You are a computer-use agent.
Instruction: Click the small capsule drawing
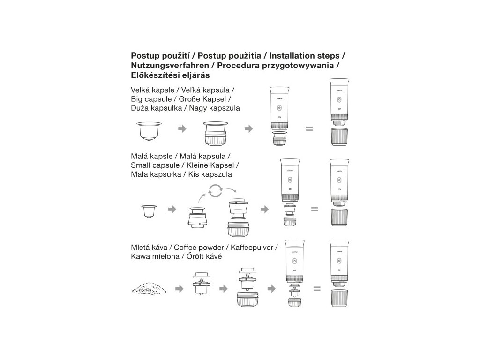pyautogui.click(x=149, y=211)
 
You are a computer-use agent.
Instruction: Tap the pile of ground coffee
pyautogui.click(x=149, y=288)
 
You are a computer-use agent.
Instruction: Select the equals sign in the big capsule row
pyautogui.click(x=309, y=129)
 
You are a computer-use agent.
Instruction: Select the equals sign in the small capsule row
pyautogui.click(x=315, y=210)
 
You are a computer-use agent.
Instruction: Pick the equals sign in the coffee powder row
pyautogui.click(x=317, y=288)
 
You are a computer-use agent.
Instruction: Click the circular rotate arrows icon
pyautogui.click(x=215, y=191)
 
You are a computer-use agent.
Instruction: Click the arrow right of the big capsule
pyautogui.click(x=182, y=128)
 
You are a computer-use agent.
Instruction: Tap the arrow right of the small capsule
pyautogui.click(x=172, y=210)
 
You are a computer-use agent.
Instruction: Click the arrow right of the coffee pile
pyautogui.click(x=180, y=288)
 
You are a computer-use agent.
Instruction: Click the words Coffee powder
pyautogui.click(x=199, y=247)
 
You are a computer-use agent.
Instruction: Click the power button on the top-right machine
pyautogui.click(x=339, y=100)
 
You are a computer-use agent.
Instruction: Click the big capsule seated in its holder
pyautogui.click(x=216, y=133)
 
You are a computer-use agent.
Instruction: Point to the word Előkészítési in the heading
pyautogui.click(x=156, y=75)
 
